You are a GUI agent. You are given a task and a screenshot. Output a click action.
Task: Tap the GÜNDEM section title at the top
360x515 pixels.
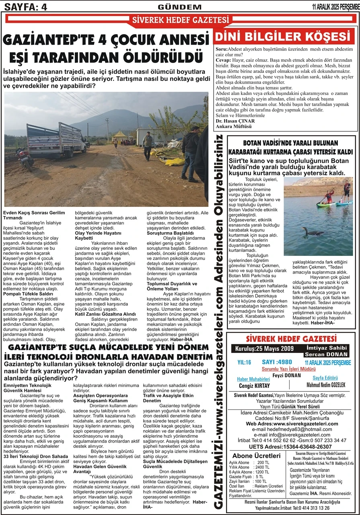click(180, 6)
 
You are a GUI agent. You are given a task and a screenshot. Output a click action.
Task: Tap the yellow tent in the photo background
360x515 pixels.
click(119, 134)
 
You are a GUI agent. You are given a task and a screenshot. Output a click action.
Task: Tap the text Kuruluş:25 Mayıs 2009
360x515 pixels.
click(266, 348)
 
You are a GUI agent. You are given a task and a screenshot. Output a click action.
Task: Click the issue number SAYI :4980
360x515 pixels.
click(277, 362)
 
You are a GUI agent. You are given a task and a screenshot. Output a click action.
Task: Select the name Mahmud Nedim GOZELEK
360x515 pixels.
click(326, 385)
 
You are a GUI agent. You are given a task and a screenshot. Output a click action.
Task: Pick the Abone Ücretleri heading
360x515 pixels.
click(257, 456)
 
